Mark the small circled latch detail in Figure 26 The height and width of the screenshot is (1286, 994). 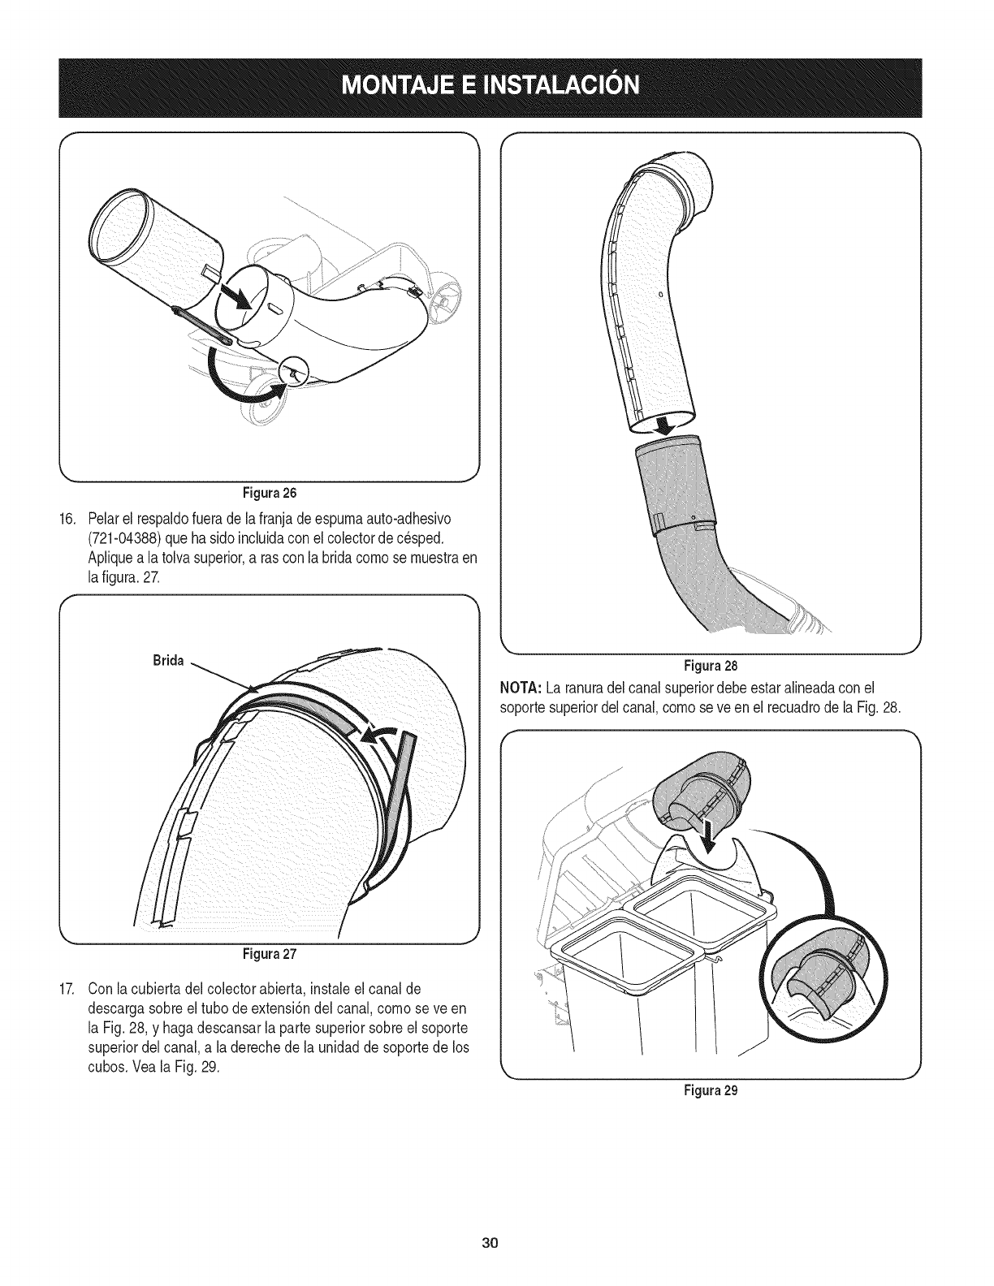[x=293, y=372]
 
